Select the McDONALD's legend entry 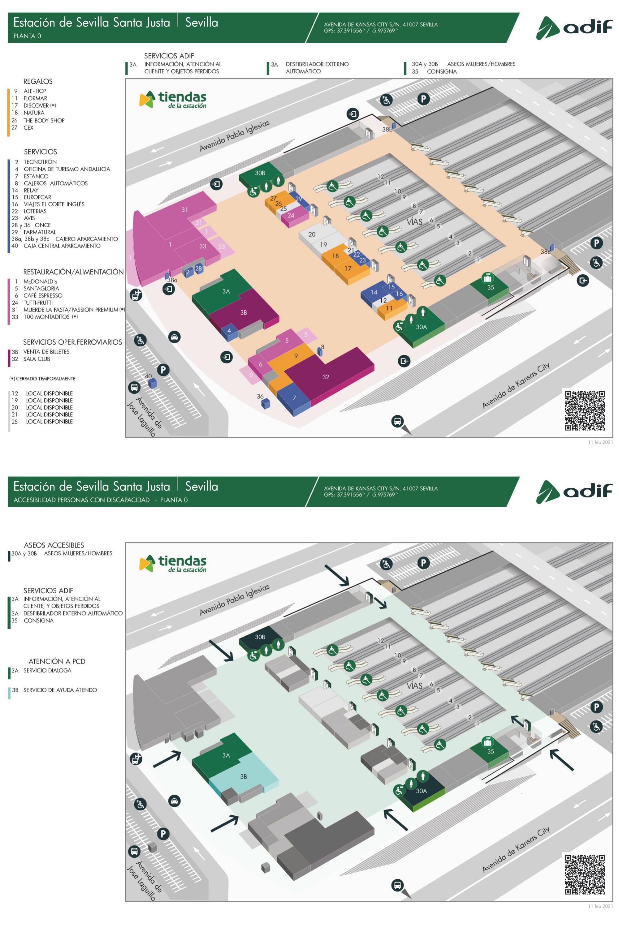40,281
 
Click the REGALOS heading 38,81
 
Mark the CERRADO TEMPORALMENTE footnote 42,379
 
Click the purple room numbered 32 326,377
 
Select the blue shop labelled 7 294,398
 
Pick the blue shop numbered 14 374,292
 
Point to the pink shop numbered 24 291,215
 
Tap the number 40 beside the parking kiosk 148,376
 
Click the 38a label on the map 172,280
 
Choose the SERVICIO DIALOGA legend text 47,670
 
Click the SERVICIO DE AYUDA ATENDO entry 60,690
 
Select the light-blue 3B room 244,776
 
